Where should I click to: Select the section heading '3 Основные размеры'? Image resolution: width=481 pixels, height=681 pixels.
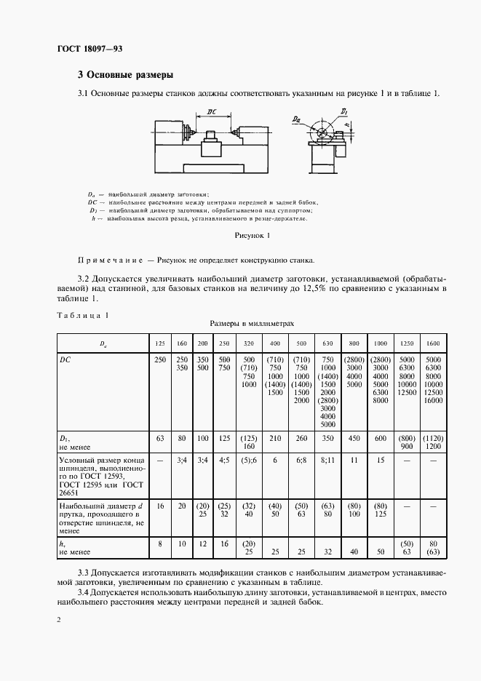tap(125, 74)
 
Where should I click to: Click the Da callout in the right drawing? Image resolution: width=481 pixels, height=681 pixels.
tap(297, 118)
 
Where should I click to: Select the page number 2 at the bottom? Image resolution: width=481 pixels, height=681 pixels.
tap(58, 619)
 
